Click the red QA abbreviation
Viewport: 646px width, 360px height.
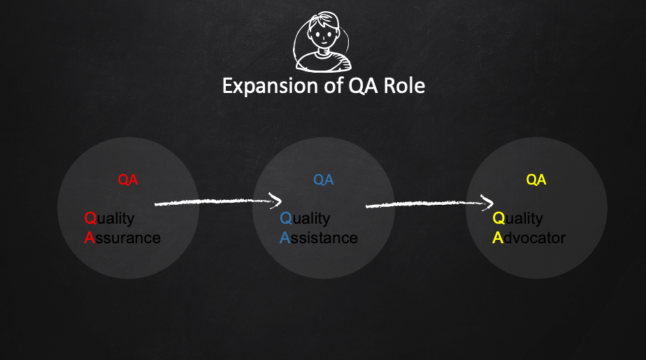(128, 180)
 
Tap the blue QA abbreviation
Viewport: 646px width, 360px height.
(324, 180)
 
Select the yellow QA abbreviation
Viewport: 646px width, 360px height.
(536, 180)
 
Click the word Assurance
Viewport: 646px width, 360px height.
(122, 238)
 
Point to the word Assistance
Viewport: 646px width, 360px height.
(319, 238)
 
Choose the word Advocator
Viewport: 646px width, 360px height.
(529, 238)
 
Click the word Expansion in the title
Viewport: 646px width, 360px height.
(271, 86)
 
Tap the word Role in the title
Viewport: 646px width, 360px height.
(404, 86)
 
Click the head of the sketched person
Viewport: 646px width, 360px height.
(324, 30)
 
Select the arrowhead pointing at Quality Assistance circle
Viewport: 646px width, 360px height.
(276, 201)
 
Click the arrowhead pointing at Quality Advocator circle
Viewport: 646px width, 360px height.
(488, 202)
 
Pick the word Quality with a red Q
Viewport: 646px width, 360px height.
(109, 218)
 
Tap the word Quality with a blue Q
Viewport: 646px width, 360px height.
(305, 218)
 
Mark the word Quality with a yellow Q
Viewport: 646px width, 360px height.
(518, 218)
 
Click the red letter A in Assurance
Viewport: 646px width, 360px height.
(89, 238)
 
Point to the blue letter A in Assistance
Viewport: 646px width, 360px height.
(285, 238)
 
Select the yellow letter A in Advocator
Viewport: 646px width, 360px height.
(498, 238)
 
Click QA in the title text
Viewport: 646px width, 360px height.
(363, 86)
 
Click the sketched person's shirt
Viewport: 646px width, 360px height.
(324, 61)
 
